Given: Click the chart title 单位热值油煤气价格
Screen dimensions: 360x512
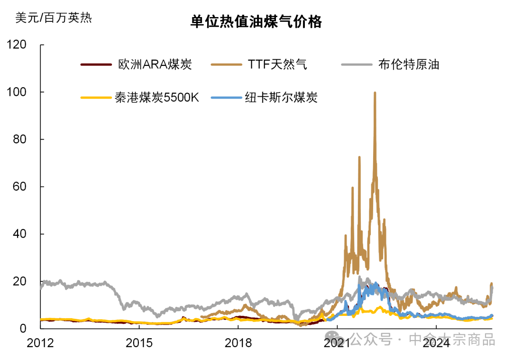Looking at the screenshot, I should pos(256,22).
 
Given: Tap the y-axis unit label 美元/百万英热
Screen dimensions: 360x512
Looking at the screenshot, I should pos(53,18).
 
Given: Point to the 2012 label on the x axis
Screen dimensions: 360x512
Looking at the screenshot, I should pos(40,342).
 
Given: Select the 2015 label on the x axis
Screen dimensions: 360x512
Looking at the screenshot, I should pos(139,342).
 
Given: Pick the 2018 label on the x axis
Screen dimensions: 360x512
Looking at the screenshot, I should pos(238,342).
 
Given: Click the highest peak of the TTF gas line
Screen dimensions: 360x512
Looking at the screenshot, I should pos(375,93).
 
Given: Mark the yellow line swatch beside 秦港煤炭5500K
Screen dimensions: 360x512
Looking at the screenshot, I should pos(96,98).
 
